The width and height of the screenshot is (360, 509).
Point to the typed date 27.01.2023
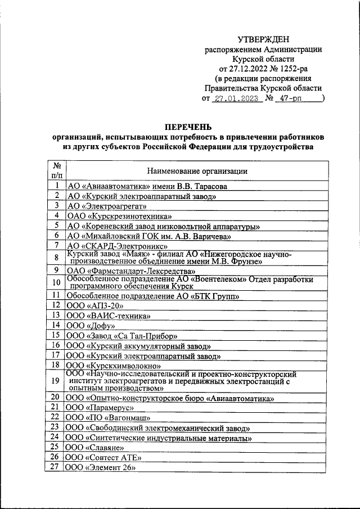point(236,98)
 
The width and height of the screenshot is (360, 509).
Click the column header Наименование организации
point(197,170)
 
